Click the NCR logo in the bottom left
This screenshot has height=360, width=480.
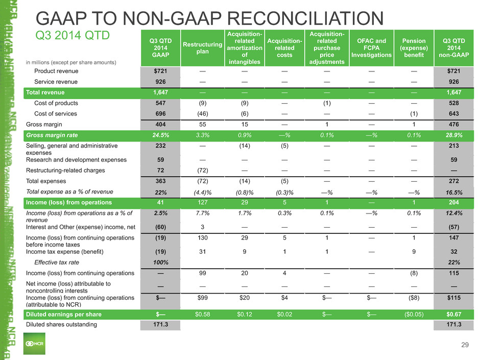[34, 344]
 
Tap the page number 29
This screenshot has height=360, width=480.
[465, 345]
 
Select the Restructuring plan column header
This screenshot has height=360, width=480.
[202, 48]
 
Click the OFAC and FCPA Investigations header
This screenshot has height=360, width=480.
[371, 48]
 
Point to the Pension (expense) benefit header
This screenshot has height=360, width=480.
[414, 48]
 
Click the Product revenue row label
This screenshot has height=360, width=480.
[56, 71]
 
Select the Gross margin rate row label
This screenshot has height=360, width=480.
[52, 135]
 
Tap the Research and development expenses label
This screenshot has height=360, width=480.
[76, 160]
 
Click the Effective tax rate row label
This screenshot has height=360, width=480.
[57, 262]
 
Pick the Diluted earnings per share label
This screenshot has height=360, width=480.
[64, 315]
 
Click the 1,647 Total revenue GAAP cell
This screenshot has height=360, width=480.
[160, 92]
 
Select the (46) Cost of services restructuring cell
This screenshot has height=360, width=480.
[202, 113]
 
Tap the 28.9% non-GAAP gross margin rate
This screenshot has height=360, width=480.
[453, 135]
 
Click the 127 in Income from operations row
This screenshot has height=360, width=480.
[202, 202]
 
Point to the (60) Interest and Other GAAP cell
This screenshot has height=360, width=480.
[160, 227]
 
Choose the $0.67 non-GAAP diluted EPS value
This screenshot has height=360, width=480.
[453, 315]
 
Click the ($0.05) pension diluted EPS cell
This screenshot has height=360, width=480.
[414, 315]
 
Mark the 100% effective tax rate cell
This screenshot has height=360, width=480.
[160, 262]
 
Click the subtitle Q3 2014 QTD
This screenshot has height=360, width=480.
[73, 35]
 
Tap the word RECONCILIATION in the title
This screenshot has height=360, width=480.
[305, 18]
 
